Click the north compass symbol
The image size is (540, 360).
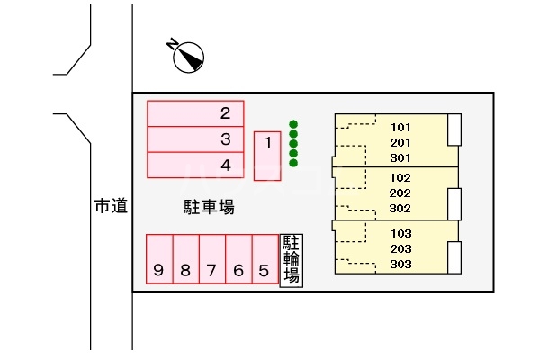[188, 57]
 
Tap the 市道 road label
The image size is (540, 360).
[111, 206]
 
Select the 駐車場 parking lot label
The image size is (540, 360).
[209, 207]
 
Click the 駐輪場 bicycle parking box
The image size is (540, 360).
[292, 260]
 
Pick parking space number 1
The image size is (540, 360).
[267, 156]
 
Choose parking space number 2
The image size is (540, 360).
[195, 113]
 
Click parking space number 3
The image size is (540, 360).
[195, 139]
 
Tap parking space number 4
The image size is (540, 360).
[195, 165]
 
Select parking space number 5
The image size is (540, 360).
[265, 259]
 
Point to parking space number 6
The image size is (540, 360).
[238, 259]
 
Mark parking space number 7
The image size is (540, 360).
[212, 259]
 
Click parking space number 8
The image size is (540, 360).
[186, 259]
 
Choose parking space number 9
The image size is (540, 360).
[159, 259]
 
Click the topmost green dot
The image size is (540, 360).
[293, 124]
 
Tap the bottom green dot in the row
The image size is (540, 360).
[293, 163]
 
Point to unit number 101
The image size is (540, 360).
[400, 128]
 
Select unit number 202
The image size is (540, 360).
[400, 193]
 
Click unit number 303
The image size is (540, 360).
[400, 265]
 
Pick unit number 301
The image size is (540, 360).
[400, 158]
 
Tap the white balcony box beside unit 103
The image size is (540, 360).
[454, 257]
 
